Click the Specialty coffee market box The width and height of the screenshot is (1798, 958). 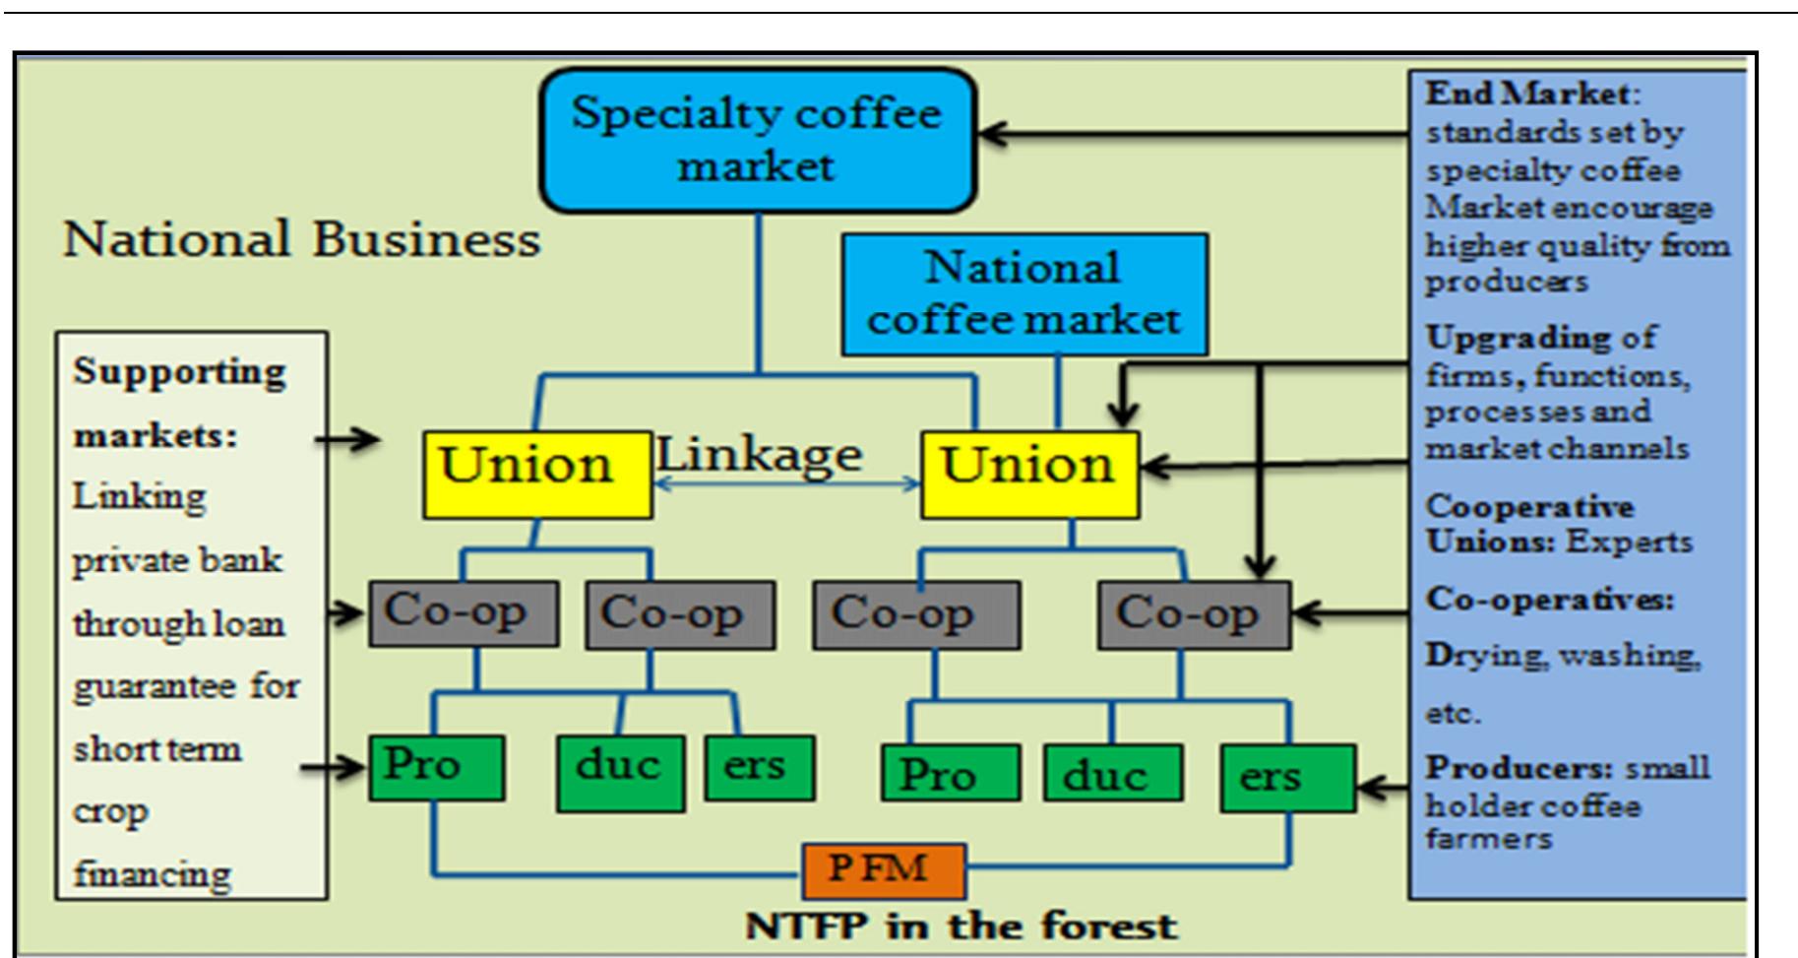point(758,140)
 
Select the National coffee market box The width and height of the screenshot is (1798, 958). point(1024,293)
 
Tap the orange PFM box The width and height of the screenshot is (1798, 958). point(883,869)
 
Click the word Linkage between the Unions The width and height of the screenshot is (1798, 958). point(759,455)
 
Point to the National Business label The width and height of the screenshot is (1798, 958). point(301,239)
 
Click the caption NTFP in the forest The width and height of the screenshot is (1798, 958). point(961,926)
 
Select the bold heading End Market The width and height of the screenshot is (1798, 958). point(1527,94)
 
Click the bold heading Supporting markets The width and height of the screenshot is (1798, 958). point(178,402)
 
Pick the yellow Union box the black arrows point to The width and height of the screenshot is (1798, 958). point(1029,475)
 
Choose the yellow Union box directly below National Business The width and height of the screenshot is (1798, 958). point(537,475)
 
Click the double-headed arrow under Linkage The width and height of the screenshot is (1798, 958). point(786,483)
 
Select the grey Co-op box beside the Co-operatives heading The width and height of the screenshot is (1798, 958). point(1193,615)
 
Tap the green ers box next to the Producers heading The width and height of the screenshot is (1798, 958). point(1287,778)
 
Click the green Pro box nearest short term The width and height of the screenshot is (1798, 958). point(436,767)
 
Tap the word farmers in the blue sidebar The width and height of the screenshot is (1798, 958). point(1488,840)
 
